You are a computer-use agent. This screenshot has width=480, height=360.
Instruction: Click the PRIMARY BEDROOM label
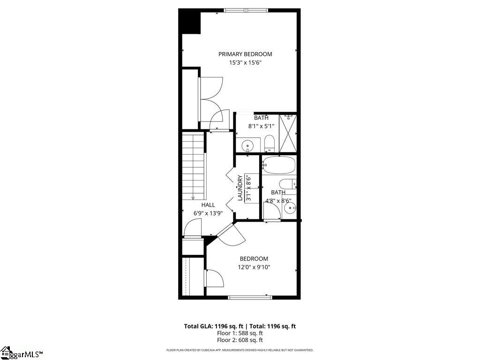(x=245, y=54)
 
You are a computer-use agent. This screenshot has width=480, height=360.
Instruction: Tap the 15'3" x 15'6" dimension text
(x=245, y=63)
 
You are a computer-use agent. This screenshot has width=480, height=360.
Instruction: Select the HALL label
(x=208, y=205)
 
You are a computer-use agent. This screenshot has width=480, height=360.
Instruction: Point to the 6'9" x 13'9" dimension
(x=208, y=213)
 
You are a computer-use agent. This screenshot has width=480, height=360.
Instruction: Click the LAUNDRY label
(x=240, y=187)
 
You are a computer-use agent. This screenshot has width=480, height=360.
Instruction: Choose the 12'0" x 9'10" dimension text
(x=254, y=267)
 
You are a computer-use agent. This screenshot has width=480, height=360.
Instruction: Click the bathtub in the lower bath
(x=278, y=165)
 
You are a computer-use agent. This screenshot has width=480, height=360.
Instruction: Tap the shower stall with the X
(x=288, y=133)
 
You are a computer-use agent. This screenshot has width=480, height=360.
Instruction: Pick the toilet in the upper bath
(x=270, y=143)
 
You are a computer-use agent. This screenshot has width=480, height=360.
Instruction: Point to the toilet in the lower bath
(x=288, y=183)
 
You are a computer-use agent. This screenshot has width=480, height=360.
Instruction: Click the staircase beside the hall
(x=193, y=166)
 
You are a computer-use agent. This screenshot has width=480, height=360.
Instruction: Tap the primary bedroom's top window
(x=246, y=10)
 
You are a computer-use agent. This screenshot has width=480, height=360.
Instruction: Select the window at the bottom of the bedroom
(x=250, y=297)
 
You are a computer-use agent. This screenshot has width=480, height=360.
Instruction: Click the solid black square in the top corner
(x=189, y=21)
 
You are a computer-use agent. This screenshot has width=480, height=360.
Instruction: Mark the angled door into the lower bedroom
(x=231, y=234)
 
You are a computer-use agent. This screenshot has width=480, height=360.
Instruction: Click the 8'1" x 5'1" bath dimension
(x=261, y=126)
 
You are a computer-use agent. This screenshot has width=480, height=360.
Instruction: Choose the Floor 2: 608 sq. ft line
(x=240, y=340)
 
